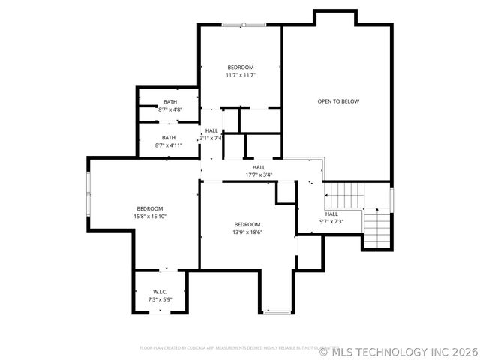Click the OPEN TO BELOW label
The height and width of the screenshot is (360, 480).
click(x=338, y=101)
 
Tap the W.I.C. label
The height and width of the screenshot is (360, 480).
click(x=160, y=291)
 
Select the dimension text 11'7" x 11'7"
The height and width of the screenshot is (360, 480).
click(x=241, y=75)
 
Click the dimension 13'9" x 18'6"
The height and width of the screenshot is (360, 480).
click(x=247, y=232)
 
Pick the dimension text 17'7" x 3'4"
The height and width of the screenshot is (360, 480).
click(x=259, y=175)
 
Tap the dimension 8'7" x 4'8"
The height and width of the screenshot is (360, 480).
click(x=170, y=109)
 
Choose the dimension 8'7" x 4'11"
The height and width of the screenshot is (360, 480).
click(x=169, y=145)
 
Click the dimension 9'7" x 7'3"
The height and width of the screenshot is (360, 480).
click(x=331, y=221)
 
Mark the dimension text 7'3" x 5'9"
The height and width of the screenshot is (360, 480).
click(x=160, y=299)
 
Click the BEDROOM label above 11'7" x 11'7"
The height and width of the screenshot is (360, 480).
click(x=241, y=67)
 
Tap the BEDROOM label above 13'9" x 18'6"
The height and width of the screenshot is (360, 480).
click(x=247, y=225)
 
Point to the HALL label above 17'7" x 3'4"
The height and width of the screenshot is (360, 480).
click(x=259, y=167)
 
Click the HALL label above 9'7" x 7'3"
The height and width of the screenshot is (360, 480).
click(x=331, y=214)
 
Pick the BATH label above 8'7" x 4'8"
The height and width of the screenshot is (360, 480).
click(x=170, y=102)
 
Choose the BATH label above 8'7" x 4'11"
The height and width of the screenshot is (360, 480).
click(x=169, y=138)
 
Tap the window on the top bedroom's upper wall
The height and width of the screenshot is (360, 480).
click(x=243, y=25)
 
